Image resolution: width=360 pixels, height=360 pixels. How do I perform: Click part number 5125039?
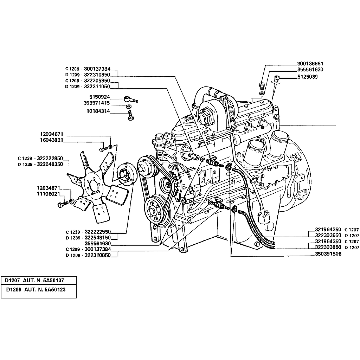click(307, 76)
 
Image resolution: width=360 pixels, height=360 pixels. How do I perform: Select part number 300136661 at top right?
click(310, 64)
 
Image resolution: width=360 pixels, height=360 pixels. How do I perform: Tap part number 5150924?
click(99, 97)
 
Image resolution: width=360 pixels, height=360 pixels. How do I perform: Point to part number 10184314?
click(98, 111)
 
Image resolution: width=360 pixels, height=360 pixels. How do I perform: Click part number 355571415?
click(97, 103)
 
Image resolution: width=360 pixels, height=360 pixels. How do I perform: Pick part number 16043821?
click(52, 140)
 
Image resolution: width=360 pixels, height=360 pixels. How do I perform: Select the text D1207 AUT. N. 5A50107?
click(34, 281)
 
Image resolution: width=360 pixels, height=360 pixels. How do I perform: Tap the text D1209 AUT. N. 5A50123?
click(36, 290)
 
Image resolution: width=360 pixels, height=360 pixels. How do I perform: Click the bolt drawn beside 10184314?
click(130, 115)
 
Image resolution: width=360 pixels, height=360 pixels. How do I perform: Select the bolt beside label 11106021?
click(62, 205)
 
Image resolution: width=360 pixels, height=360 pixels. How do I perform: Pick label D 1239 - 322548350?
click(40, 164)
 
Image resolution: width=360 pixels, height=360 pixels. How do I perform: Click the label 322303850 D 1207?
click(337, 247)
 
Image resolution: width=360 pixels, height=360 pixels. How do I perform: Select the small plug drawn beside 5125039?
click(277, 78)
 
